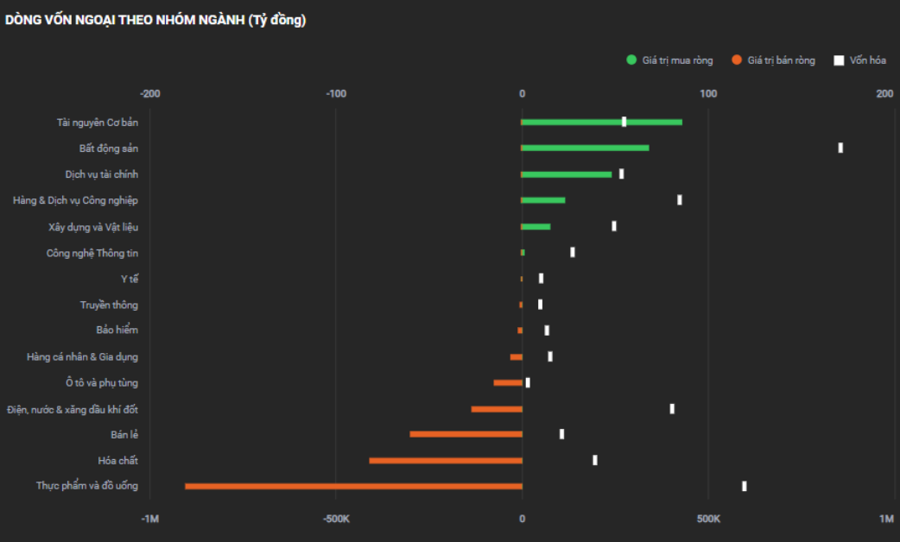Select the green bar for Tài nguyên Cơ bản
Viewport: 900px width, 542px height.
pos(601,122)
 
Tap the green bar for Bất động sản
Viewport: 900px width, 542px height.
pos(585,148)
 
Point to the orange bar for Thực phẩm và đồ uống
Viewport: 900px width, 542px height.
pos(353,486)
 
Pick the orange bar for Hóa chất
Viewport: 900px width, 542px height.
pos(446,460)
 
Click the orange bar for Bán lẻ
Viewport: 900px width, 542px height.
pos(466,434)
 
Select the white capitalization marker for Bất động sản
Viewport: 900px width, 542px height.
pos(840,148)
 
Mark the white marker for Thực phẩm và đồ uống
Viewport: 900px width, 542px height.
pos(744,486)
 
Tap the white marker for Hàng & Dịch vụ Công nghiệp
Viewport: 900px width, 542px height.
pos(680,200)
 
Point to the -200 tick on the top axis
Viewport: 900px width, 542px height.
pos(149,93)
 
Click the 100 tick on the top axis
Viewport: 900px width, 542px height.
pos(707,93)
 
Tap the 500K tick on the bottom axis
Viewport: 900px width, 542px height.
pos(707,519)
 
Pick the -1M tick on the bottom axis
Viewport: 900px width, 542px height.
pos(149,519)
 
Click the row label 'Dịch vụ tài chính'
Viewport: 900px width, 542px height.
pos(101,174)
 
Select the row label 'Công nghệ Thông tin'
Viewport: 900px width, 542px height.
pos(92,253)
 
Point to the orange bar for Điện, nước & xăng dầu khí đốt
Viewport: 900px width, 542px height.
pos(497,408)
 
